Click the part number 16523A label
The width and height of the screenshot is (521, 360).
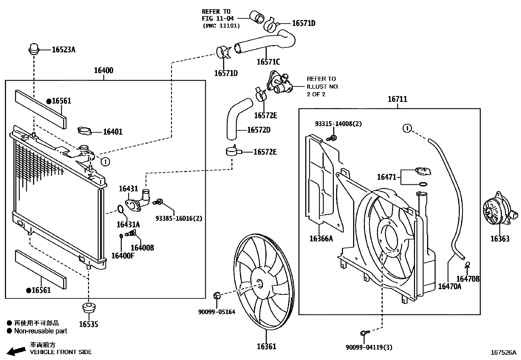63,50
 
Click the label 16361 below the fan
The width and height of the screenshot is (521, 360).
266,346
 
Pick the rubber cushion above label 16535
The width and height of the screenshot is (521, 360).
88,308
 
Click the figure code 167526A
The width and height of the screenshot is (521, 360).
503,352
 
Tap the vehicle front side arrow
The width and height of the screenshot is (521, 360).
16,351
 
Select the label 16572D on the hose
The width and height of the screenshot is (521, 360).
259,130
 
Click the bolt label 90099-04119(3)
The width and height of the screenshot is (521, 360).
369,347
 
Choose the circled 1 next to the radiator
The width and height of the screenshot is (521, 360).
105,161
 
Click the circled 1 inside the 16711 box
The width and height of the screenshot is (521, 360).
406,128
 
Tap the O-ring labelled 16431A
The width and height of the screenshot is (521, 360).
120,209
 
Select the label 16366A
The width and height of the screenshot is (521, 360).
321,238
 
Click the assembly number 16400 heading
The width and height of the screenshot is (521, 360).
103,70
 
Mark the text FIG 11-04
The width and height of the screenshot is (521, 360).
216,19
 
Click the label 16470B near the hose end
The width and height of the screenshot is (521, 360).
468,279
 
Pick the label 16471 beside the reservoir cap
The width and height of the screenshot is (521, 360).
386,177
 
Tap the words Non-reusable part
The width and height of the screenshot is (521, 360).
40,331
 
